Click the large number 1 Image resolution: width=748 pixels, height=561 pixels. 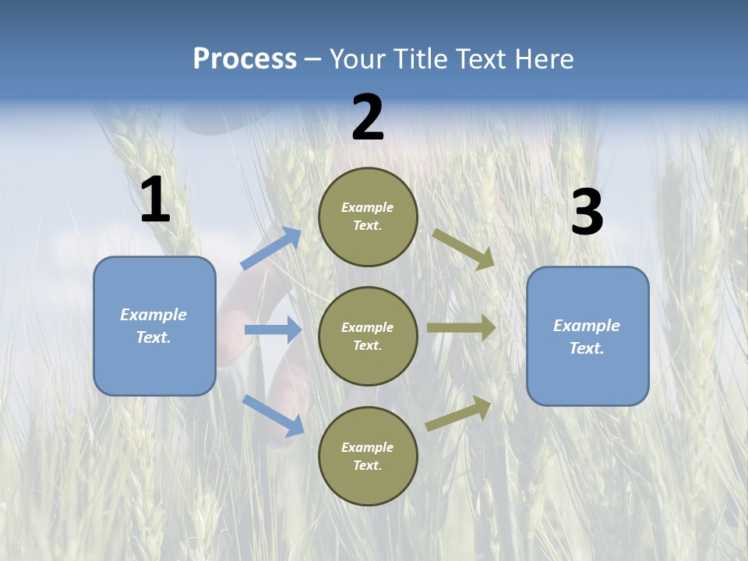pyautogui.click(x=154, y=200)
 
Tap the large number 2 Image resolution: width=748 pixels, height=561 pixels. pyautogui.click(x=367, y=118)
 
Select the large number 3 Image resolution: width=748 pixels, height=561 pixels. pyautogui.click(x=587, y=212)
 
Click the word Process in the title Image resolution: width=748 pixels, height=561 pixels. pyautogui.click(x=245, y=58)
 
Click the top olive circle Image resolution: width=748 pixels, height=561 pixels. pyautogui.click(x=368, y=217)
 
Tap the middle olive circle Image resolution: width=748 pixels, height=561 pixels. pyautogui.click(x=368, y=336)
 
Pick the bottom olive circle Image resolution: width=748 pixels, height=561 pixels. pyautogui.click(x=368, y=456)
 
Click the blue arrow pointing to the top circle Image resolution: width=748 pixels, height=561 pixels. pyautogui.click(x=270, y=249)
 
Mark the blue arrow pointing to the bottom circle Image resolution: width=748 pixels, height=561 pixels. pyautogui.click(x=273, y=415)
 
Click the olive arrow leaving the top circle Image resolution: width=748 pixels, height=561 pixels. pyautogui.click(x=464, y=249)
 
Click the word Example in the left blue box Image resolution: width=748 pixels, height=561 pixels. pyautogui.click(x=153, y=315)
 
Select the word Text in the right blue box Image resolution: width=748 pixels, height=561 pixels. pyautogui.click(x=586, y=348)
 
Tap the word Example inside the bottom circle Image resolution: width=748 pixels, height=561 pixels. pyautogui.click(x=367, y=447)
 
